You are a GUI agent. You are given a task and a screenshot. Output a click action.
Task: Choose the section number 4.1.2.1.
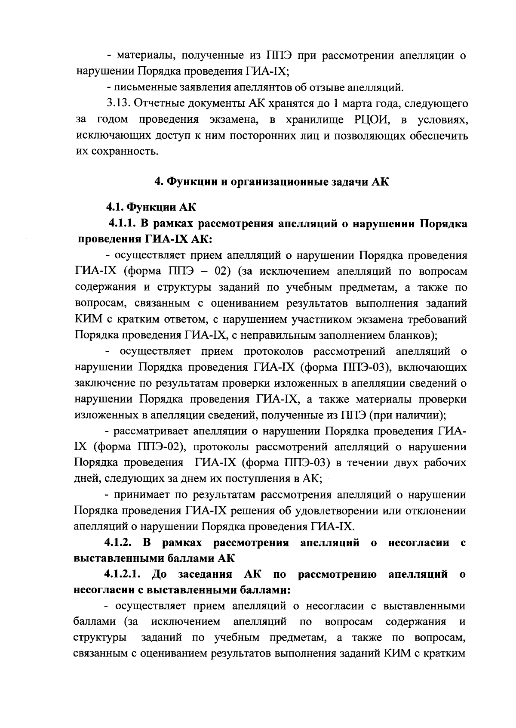coord(124,574)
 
